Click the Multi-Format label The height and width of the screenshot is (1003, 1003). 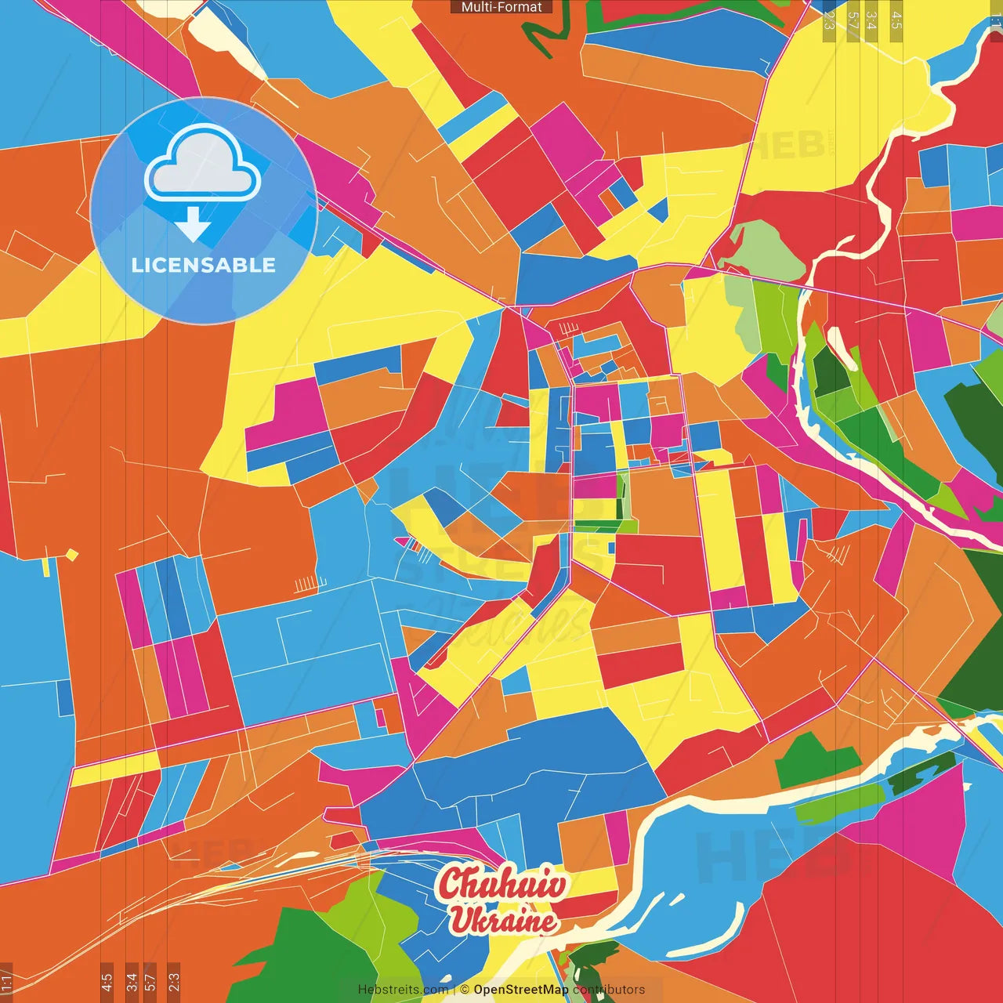501,7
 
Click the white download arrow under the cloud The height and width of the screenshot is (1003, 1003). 193,224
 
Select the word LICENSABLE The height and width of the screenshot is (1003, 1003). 204,265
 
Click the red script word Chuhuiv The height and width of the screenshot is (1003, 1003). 502,884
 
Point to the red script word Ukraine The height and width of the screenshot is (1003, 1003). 503,920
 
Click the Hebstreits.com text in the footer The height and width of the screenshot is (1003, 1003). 403,990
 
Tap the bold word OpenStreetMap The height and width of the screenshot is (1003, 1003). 521,990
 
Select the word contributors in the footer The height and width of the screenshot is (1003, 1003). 609,990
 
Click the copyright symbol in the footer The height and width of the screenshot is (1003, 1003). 465,990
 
